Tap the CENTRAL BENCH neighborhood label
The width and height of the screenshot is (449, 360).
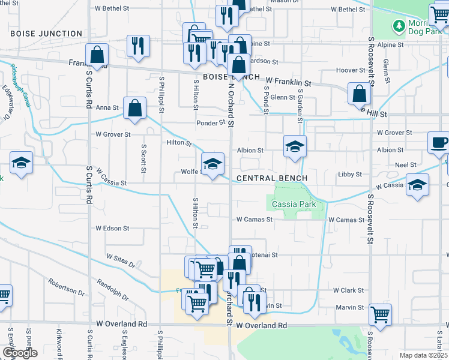point(272,178)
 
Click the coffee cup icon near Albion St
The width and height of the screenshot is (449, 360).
point(438,143)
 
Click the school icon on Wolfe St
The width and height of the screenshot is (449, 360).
point(212,163)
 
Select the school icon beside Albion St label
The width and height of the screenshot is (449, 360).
point(295,146)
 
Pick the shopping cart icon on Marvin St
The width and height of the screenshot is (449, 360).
point(380,313)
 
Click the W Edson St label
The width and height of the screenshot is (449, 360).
point(112,228)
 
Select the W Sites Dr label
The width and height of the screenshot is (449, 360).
point(121,259)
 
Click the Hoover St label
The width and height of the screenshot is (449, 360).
point(346,70)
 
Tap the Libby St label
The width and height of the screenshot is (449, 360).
point(349,174)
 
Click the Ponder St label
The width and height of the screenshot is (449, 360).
point(210,123)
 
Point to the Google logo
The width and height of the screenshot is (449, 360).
point(20,353)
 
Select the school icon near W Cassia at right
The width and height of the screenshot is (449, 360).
point(417,185)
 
